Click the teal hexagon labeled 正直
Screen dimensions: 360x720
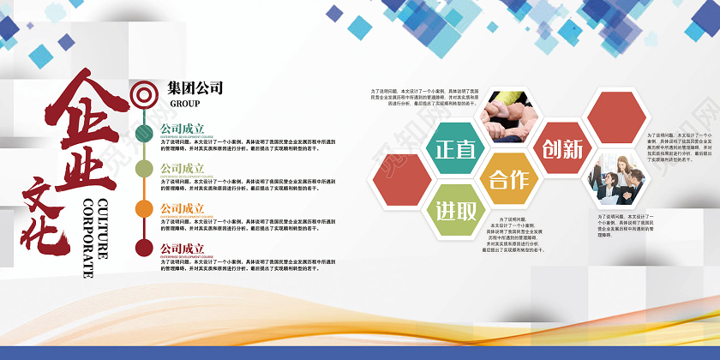(x=455, y=147)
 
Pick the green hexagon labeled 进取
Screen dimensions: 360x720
(x=455, y=210)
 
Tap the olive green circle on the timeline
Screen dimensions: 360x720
(x=144, y=169)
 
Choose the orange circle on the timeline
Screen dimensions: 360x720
(x=144, y=208)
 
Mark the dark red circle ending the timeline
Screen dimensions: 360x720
(x=144, y=249)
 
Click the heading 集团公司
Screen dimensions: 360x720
(x=195, y=87)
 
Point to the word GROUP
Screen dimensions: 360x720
(x=184, y=104)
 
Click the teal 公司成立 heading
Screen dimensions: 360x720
(x=183, y=129)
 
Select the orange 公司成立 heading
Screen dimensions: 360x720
(x=183, y=208)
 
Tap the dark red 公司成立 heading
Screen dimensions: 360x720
(x=183, y=249)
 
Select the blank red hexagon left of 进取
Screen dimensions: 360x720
(x=401, y=179)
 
